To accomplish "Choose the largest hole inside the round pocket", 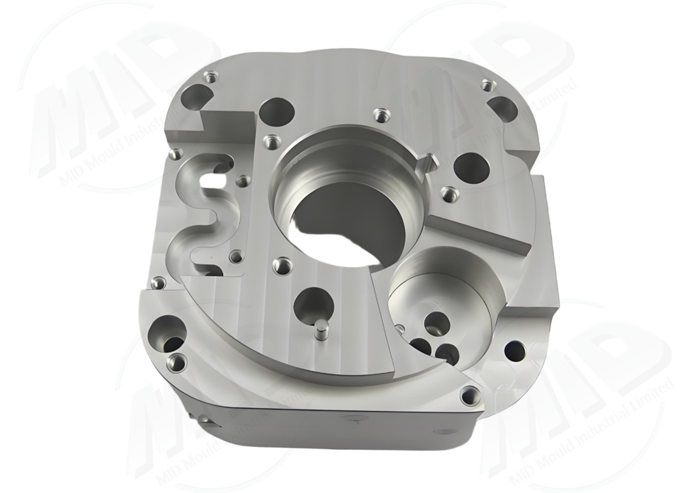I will pos(439,321).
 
